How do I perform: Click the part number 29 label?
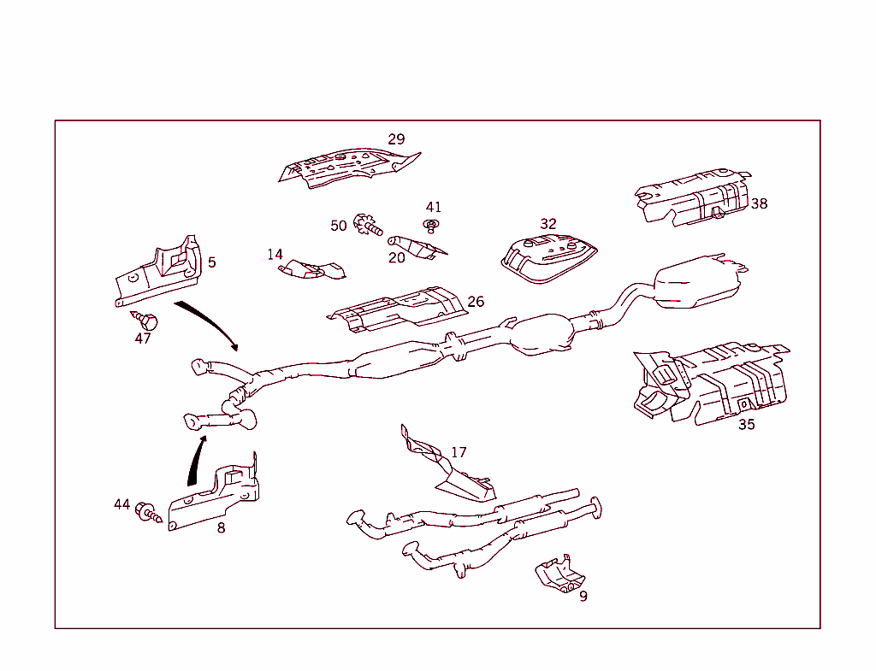tap(396, 139)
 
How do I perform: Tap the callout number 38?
tap(759, 203)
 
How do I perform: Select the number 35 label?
tap(746, 424)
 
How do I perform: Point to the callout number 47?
tap(143, 338)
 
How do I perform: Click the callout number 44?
tap(122, 504)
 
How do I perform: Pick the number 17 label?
tap(459, 452)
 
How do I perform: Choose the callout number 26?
tap(476, 302)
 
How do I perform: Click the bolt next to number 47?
tap(146, 321)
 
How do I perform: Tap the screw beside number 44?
tap(150, 513)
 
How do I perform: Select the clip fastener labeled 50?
tap(368, 226)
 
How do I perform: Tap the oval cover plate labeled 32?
tap(547, 256)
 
